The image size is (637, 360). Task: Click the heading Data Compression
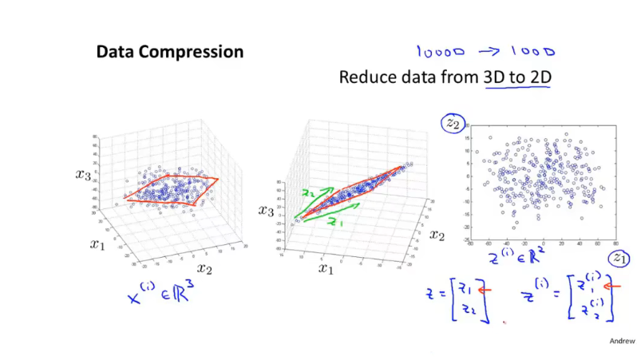(169, 53)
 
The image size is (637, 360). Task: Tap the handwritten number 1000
(528, 53)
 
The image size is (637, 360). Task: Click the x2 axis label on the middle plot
(436, 235)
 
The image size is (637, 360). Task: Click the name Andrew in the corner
(621, 340)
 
